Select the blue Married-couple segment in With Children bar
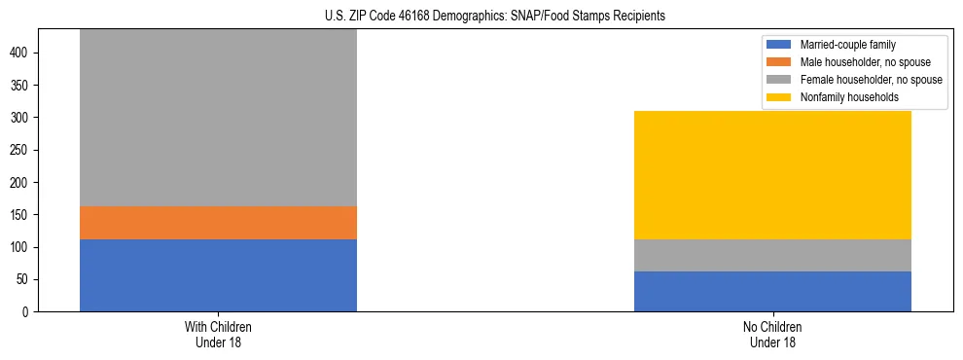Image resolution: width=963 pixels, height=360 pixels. (218, 275)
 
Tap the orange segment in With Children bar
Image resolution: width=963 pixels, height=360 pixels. (218, 223)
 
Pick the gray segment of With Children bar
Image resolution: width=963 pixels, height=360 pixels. (218, 118)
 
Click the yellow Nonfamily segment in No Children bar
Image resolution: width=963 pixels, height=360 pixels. (772, 175)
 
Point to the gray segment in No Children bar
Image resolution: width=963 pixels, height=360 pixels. (772, 256)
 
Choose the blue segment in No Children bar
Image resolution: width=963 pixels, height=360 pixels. (772, 292)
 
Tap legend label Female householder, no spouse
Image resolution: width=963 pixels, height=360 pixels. (871, 80)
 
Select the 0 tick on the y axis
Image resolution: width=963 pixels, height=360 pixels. (27, 312)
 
